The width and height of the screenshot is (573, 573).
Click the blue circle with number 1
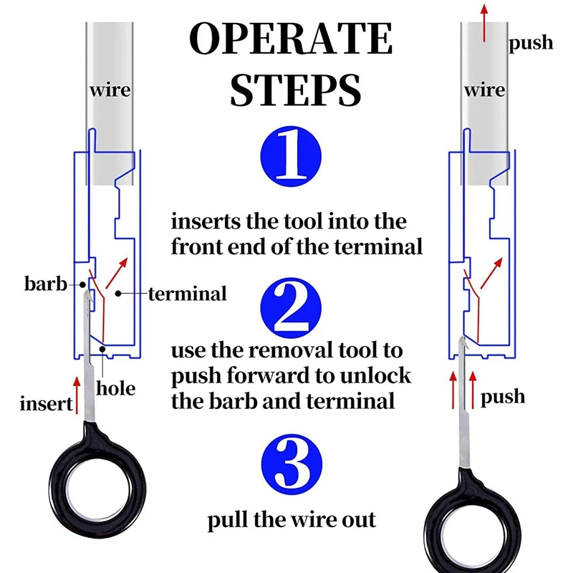click(291, 155)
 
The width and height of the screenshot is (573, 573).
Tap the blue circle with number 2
click(291, 307)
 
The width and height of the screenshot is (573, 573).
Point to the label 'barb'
click(44, 284)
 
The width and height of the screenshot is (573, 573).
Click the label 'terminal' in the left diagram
click(188, 293)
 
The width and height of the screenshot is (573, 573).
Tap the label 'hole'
click(115, 388)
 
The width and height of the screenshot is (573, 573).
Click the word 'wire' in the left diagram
click(110, 91)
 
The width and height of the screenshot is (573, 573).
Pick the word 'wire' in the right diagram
click(484, 91)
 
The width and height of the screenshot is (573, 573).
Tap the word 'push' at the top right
click(531, 43)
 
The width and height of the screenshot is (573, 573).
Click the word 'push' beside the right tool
click(503, 396)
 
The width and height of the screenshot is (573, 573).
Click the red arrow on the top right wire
click(484, 21)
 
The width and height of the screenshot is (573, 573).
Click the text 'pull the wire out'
click(292, 519)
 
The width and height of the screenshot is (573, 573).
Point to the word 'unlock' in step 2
click(375, 375)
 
